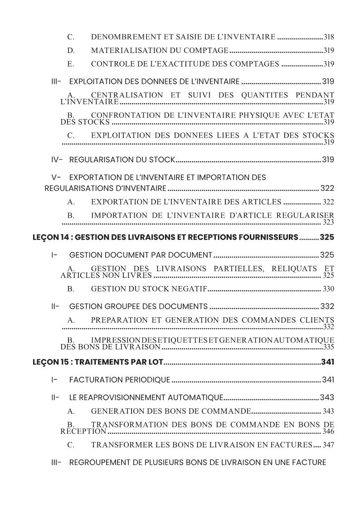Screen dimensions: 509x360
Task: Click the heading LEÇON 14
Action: pyautogui.click(x=49, y=237)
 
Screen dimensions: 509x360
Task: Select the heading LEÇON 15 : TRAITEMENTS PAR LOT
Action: pyautogui.click(x=97, y=362)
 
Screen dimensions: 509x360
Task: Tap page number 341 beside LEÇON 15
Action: pyautogui.click(x=327, y=362)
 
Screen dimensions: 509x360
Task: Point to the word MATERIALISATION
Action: pyautogui.click(x=123, y=50)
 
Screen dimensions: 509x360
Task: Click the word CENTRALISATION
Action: pyautogui.click(x=127, y=95)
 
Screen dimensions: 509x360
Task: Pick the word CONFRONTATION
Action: pyautogui.click(x=125, y=115)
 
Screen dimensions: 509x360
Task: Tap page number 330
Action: pyautogui.click(x=328, y=289)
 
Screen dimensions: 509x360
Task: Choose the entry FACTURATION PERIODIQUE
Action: pyautogui.click(x=120, y=380)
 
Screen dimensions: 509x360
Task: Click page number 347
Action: pyautogui.click(x=328, y=445)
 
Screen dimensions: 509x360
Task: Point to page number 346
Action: pyautogui.click(x=328, y=431)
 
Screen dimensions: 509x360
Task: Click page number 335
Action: pyautogui.click(x=329, y=347)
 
